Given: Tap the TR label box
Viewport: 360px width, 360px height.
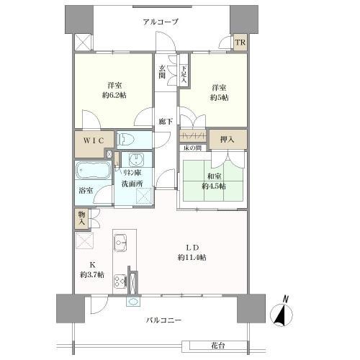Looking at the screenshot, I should (240, 42).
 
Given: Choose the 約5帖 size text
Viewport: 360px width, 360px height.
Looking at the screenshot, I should (219, 96).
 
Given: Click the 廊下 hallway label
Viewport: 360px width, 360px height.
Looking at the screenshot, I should (165, 121).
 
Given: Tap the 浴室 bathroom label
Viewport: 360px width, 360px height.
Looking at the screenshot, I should (85, 191).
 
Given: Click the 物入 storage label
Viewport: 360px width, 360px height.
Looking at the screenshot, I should (82, 218).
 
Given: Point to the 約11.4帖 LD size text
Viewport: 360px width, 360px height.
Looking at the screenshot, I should (193, 257).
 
